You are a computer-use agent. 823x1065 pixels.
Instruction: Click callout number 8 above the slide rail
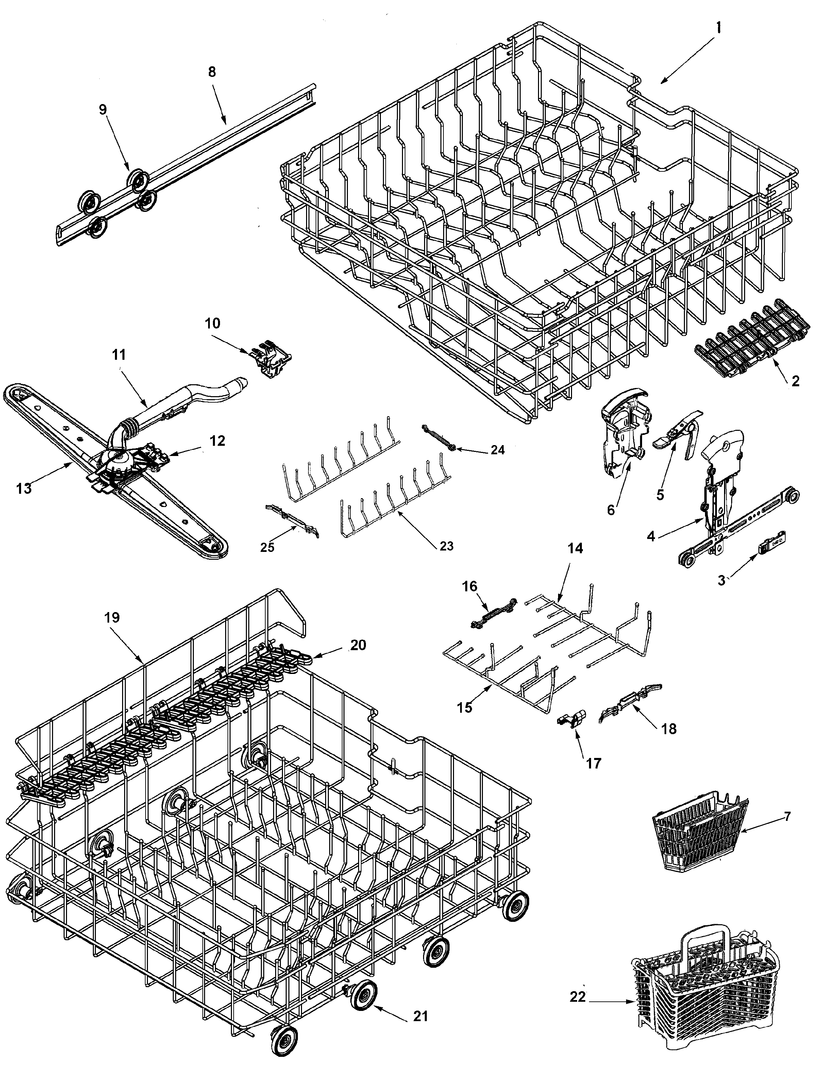[x=211, y=72]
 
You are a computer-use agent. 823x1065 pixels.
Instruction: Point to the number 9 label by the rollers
[x=102, y=109]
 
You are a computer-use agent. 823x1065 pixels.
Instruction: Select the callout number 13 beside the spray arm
[x=23, y=487]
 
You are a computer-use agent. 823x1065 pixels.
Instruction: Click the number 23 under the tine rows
[x=446, y=546]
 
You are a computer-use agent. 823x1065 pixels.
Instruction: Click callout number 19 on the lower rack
[x=112, y=618]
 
